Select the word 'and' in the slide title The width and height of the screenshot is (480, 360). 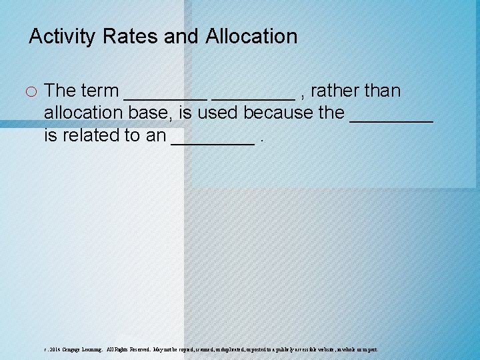[181, 36]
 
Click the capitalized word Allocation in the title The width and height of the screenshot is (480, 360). [251, 36]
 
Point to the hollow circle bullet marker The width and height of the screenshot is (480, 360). [33, 91]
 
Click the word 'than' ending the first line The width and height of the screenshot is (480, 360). [383, 91]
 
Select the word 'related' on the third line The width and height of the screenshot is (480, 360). [93, 135]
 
